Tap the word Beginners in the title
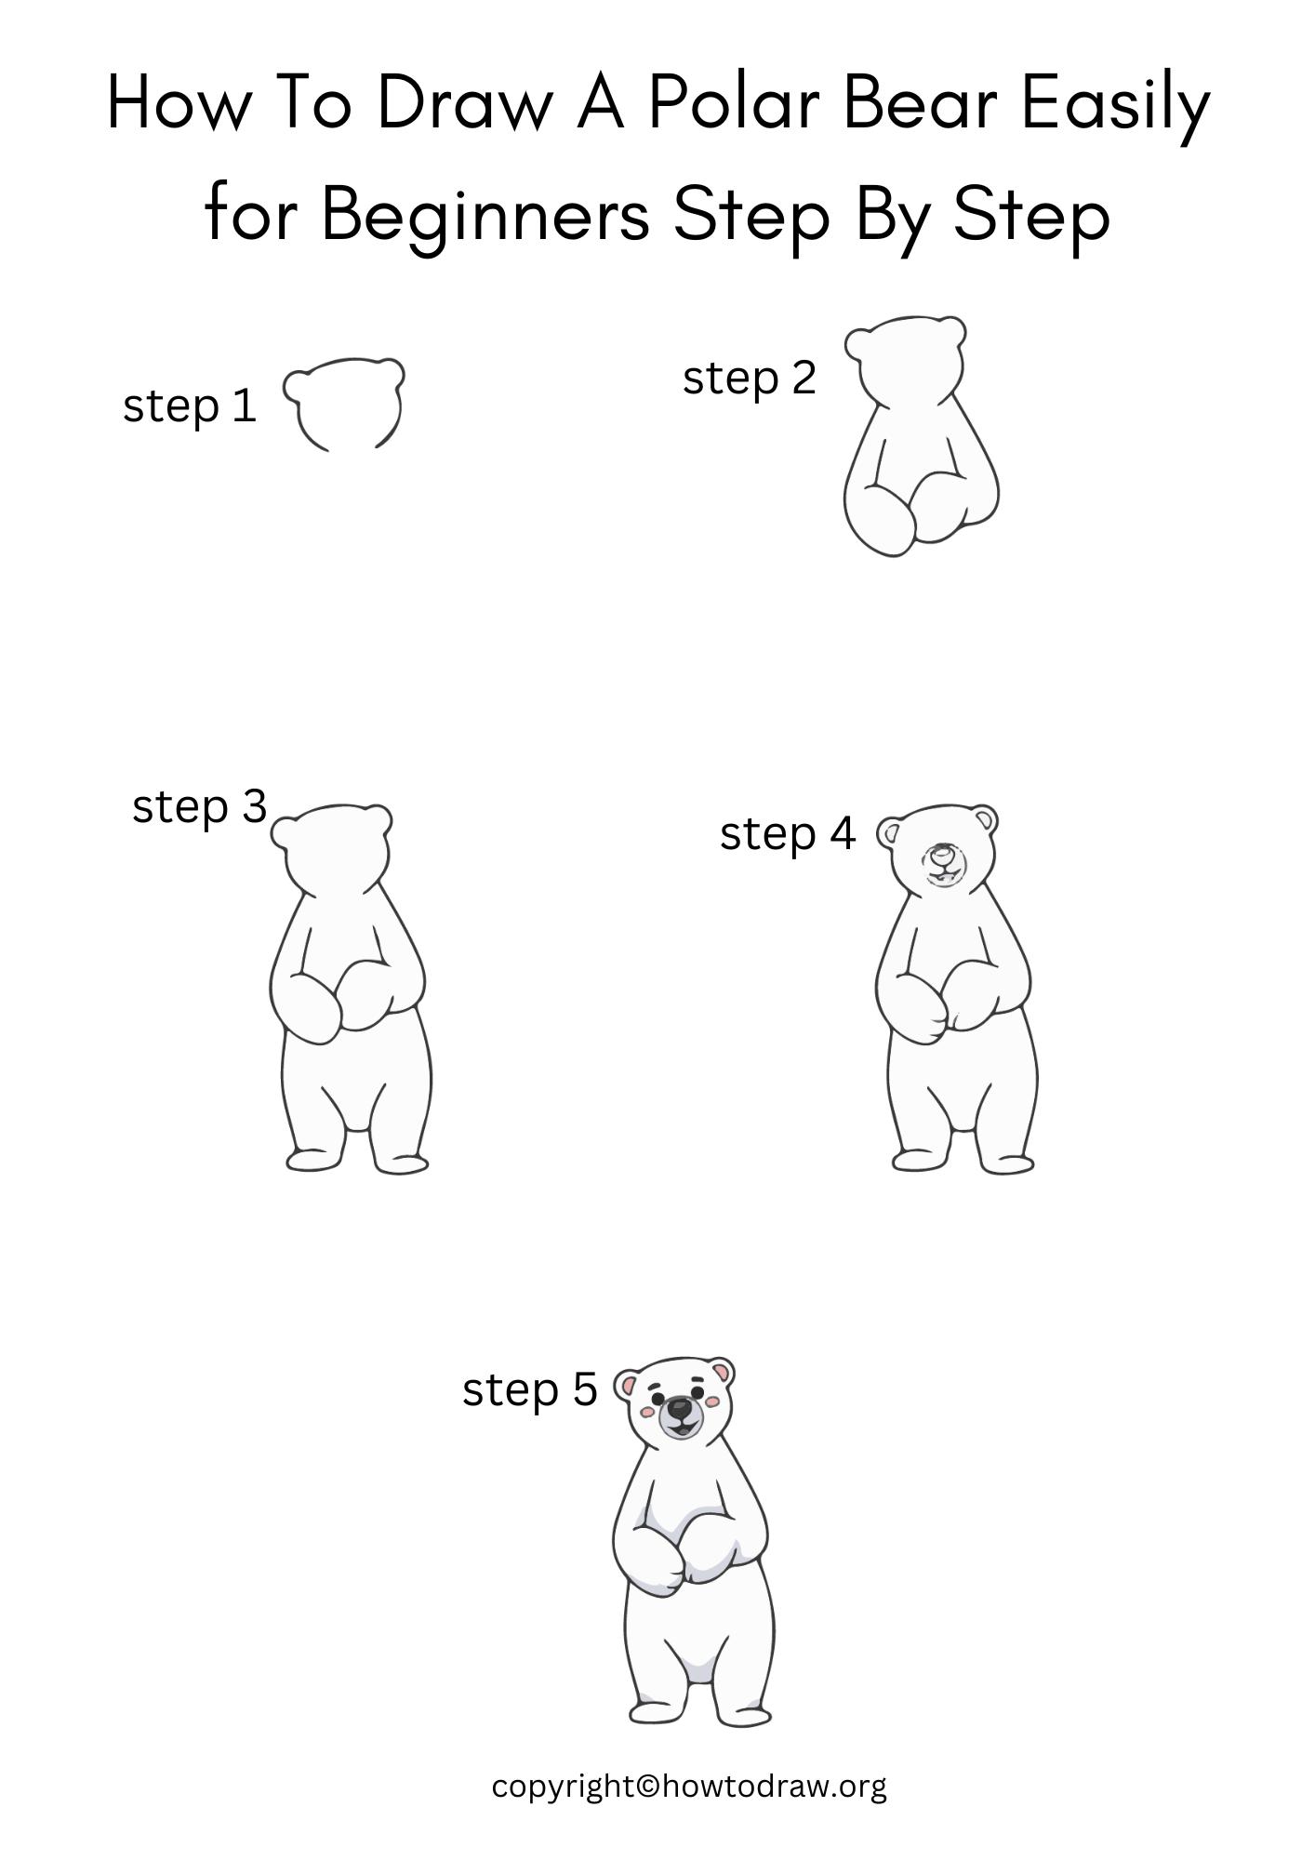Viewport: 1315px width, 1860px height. coord(485,215)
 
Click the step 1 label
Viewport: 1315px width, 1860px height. coord(190,406)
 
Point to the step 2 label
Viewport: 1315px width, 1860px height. coord(749,379)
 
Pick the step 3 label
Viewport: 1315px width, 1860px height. coord(199,806)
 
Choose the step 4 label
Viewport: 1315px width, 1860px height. coord(787,834)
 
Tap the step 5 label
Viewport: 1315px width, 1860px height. coord(529,1389)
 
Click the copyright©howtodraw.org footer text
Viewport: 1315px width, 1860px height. coord(688,1787)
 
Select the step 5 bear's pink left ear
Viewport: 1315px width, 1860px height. coord(630,1388)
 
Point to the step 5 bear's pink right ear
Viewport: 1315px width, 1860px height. coord(721,1373)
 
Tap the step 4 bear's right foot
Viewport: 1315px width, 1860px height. coord(1008,1162)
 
